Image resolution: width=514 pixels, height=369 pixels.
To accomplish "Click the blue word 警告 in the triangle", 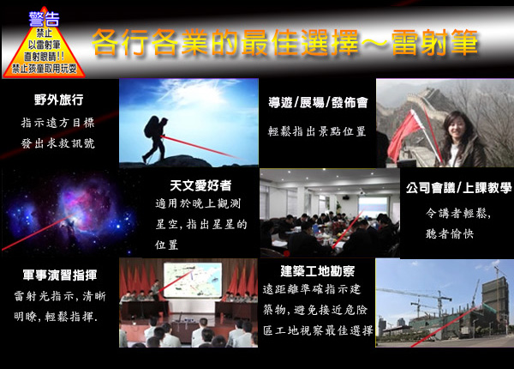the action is (44, 19).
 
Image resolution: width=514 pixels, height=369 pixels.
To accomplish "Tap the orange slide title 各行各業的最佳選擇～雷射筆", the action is (284, 42).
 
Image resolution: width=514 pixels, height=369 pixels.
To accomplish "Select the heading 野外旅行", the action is (58, 100).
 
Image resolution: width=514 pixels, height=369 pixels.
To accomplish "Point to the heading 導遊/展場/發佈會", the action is (318, 102).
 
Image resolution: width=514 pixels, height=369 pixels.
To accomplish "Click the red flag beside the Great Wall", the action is (405, 136).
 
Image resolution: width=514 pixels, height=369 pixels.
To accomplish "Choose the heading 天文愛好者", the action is (200, 185).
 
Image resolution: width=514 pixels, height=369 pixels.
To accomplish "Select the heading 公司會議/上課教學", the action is (458, 188).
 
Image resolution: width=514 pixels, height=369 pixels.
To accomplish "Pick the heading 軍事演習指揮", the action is (60, 275).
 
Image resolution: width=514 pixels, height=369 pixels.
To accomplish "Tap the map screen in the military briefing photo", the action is (193, 280).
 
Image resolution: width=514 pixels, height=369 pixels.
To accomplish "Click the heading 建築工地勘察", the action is (317, 271).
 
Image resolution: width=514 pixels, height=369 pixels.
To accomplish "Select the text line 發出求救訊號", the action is (58, 143).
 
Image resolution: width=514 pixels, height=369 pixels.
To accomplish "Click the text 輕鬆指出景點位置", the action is (317, 131).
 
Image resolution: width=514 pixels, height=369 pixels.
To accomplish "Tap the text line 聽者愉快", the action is (450, 233).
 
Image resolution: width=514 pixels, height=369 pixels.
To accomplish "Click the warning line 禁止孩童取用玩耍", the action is (45, 69).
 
